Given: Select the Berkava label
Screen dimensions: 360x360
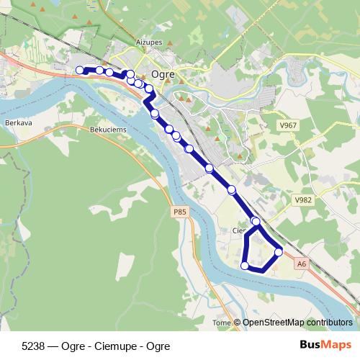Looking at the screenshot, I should (x=15, y=123).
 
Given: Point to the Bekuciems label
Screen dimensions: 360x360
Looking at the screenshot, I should (x=109, y=127).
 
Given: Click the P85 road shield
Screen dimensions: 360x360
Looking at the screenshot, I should (x=179, y=212).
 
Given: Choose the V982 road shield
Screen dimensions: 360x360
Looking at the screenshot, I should (x=302, y=199).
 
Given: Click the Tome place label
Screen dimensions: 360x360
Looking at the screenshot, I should (x=222, y=323).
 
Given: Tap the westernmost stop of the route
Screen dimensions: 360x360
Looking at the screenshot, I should (x=80, y=70).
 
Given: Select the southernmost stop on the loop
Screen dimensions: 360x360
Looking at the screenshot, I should (x=245, y=266).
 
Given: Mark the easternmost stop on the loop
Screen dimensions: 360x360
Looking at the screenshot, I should (x=279, y=252).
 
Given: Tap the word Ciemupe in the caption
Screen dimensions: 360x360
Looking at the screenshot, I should (x=114, y=346).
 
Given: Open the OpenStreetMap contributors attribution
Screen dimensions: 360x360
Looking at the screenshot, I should (x=297, y=323).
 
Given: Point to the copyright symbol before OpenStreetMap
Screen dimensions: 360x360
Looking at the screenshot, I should (x=237, y=323).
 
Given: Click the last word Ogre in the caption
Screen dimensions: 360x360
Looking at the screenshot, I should (x=158, y=346).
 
